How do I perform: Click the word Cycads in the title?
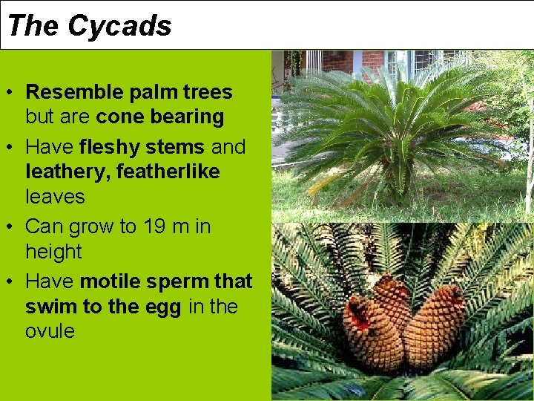pos(119,26)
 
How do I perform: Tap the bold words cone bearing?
pos(160,117)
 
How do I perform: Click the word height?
pos(53,252)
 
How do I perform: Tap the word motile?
pos(111,281)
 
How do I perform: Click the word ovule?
pos(50,331)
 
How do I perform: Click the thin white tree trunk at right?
pos(528,149)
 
